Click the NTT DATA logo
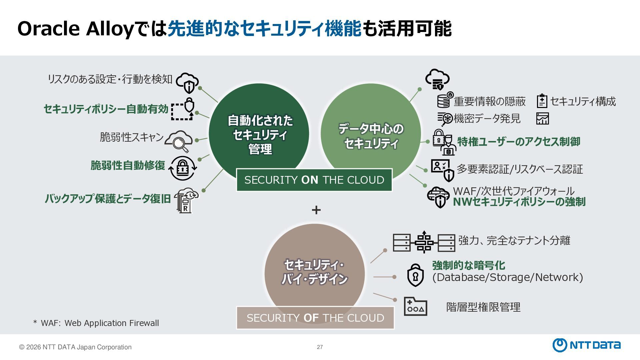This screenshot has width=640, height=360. click(587, 345)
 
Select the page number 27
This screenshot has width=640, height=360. click(320, 347)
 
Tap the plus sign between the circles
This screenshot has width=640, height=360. click(316, 210)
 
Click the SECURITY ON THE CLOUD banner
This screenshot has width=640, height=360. click(314, 180)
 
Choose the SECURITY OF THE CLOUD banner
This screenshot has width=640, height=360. click(315, 318)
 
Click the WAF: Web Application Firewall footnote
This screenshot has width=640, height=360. click(96, 323)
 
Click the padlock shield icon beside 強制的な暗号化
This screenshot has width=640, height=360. click(415, 275)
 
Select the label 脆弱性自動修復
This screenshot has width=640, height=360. click(128, 165)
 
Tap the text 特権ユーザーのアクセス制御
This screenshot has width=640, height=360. click(518, 142)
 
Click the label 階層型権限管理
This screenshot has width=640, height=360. click(483, 307)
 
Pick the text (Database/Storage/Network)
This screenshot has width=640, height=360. click(507, 277)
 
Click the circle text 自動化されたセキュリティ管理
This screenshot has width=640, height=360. click(260, 134)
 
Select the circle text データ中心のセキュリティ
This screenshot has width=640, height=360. click(371, 136)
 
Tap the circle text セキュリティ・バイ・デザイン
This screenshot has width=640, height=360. click(314, 272)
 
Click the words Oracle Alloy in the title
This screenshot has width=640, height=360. click(75, 29)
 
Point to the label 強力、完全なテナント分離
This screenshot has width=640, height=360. click(514, 240)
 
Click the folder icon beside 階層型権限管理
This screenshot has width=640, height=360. click(415, 306)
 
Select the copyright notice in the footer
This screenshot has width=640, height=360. click(75, 347)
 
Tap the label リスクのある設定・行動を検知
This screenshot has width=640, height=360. click(110, 79)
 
